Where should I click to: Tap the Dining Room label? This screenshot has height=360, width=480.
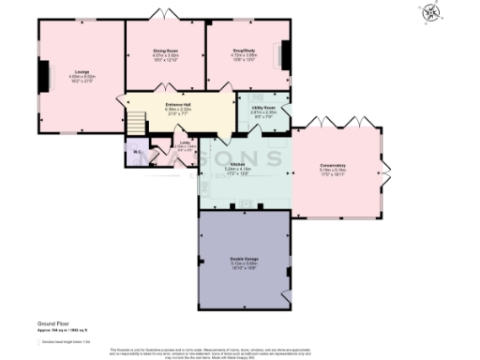(x=165, y=52)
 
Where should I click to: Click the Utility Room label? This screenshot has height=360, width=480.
(x=262, y=107)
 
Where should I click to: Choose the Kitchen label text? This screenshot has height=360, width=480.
(x=237, y=164)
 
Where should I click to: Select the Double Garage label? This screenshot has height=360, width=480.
(x=244, y=258)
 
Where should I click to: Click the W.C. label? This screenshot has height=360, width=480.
(x=136, y=153)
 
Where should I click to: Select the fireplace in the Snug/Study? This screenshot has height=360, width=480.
(x=288, y=54)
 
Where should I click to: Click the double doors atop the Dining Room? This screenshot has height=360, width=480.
(x=164, y=16)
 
